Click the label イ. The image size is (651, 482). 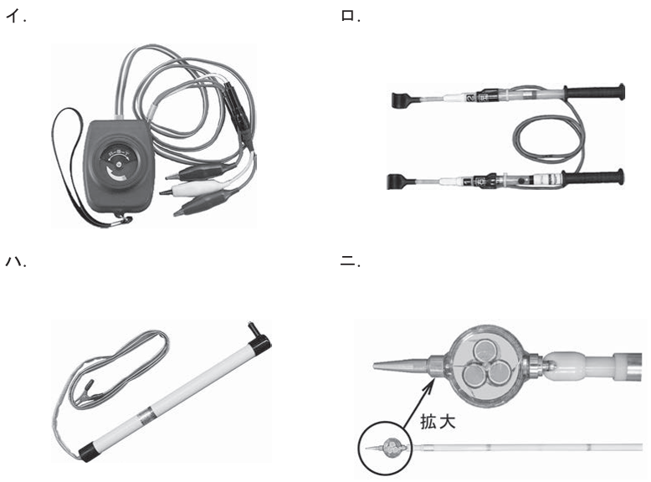[x=16, y=18]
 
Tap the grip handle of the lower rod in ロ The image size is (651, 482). [x=595, y=176]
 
